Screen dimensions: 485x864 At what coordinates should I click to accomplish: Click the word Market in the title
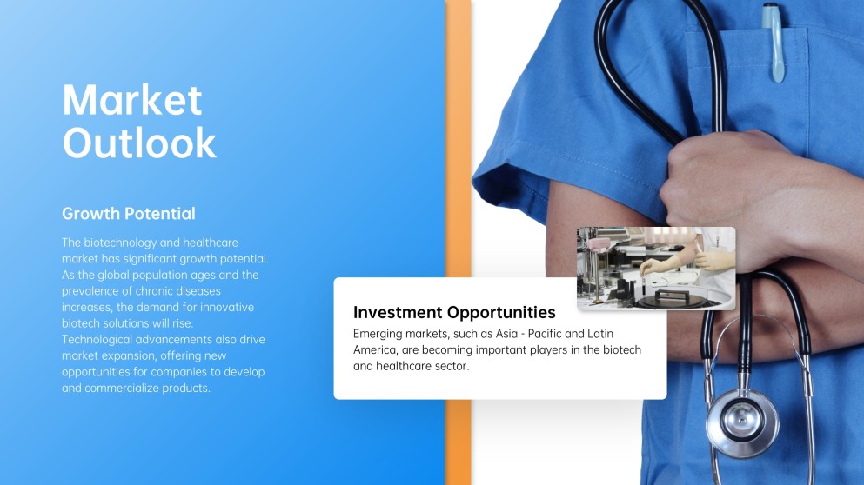(132, 101)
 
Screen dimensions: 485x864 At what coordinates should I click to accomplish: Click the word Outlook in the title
(139, 143)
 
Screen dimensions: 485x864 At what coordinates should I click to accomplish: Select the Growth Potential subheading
(129, 214)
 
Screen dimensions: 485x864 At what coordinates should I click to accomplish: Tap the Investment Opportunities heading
(454, 312)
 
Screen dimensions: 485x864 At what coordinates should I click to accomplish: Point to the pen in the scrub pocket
(773, 43)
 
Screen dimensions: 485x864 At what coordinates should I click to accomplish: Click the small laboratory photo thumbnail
(656, 268)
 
